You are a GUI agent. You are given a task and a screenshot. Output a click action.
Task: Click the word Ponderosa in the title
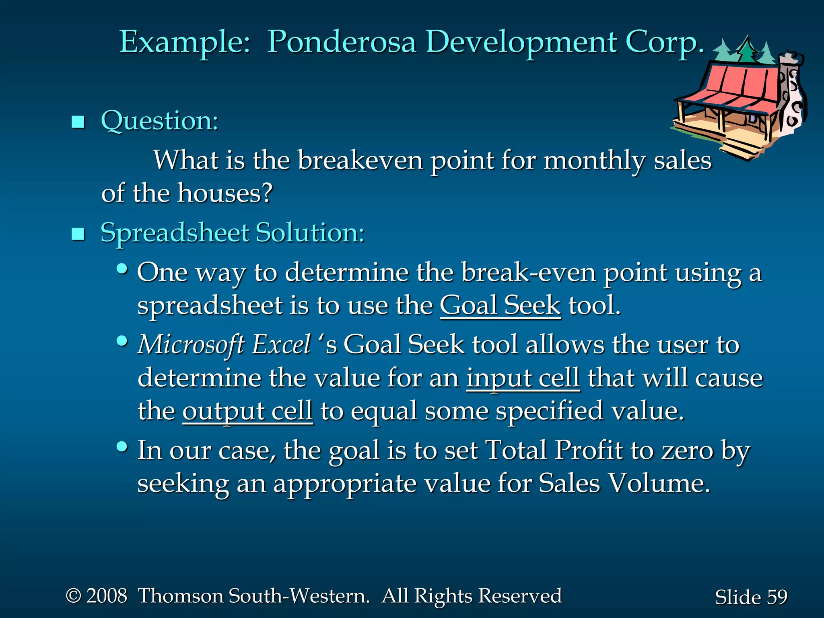pos(341,43)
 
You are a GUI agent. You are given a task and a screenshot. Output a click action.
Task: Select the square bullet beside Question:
pos(78,122)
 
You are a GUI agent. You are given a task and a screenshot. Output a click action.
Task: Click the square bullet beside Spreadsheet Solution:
pos(78,233)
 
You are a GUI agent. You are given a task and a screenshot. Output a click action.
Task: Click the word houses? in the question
pos(225,193)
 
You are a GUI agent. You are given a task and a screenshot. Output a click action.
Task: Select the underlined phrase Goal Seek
pos(500,306)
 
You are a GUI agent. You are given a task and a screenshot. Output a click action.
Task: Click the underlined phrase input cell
pos(523,378)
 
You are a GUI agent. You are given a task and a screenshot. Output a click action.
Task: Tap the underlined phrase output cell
pos(247,411)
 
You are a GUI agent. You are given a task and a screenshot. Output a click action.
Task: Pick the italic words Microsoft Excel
pos(224,345)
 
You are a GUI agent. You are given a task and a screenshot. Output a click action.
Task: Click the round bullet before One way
pos(122,269)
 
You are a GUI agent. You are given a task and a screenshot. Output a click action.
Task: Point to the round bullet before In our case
pos(122,447)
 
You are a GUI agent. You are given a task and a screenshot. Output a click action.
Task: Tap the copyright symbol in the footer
pos(74,596)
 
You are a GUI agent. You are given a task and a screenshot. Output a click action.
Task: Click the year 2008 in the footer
pos(107,596)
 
